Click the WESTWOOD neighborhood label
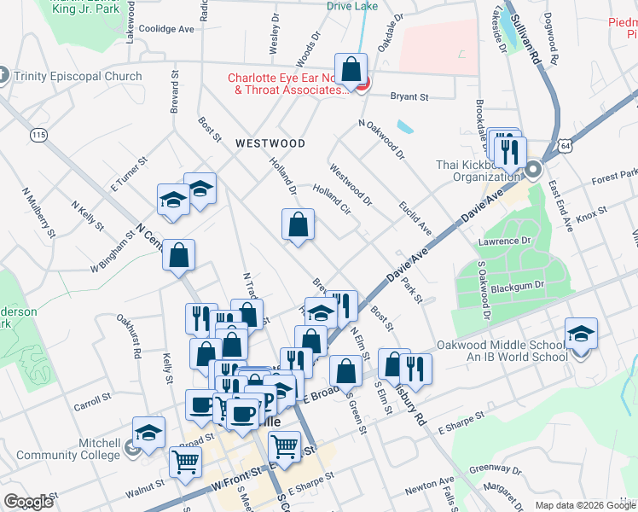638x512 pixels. pos(270,143)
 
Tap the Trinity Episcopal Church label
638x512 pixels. pos(78,77)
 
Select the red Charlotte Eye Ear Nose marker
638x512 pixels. pos(361,83)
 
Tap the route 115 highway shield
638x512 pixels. pos(38,135)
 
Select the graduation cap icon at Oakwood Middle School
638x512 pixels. pos(581,334)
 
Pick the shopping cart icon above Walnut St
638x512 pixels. pos(185,462)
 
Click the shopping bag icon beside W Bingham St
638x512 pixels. pos(178,255)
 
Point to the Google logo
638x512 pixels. pos(28,502)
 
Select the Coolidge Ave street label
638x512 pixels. pos(167,28)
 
